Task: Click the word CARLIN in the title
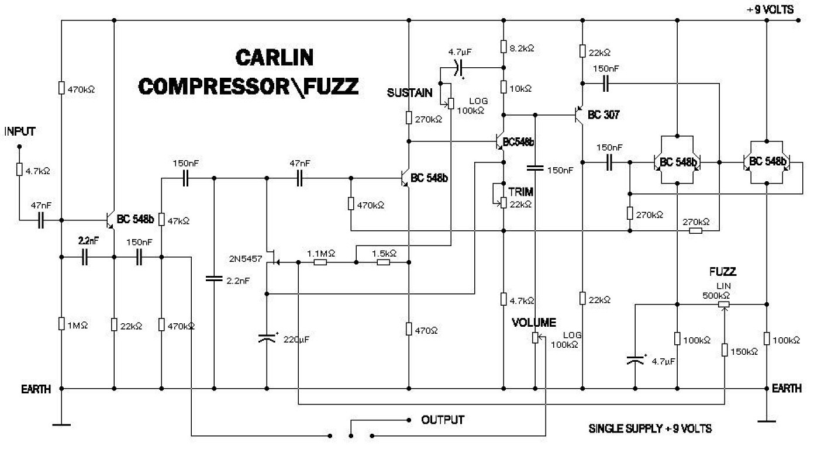[x=274, y=57]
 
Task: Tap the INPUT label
[x=20, y=131]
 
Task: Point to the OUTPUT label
[x=443, y=420]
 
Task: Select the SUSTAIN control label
[x=409, y=92]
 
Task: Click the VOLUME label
[x=534, y=322]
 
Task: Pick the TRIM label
[x=521, y=192]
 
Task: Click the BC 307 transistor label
[x=603, y=115]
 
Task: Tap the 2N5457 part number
[x=245, y=259]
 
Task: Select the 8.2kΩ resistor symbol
[x=503, y=47]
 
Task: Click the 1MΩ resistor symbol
[x=61, y=324]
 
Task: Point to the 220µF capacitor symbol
[x=267, y=338]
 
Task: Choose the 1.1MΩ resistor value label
[x=321, y=253]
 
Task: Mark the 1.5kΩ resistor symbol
[x=384, y=262]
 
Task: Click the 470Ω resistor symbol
[x=409, y=328]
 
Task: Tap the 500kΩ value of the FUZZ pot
[x=716, y=295]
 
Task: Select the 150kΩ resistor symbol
[x=725, y=350]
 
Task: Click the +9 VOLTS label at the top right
[x=770, y=10]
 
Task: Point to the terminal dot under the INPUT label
[x=20, y=146]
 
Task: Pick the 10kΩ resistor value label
[x=520, y=88]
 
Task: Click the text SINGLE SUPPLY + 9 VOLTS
[x=650, y=428]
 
